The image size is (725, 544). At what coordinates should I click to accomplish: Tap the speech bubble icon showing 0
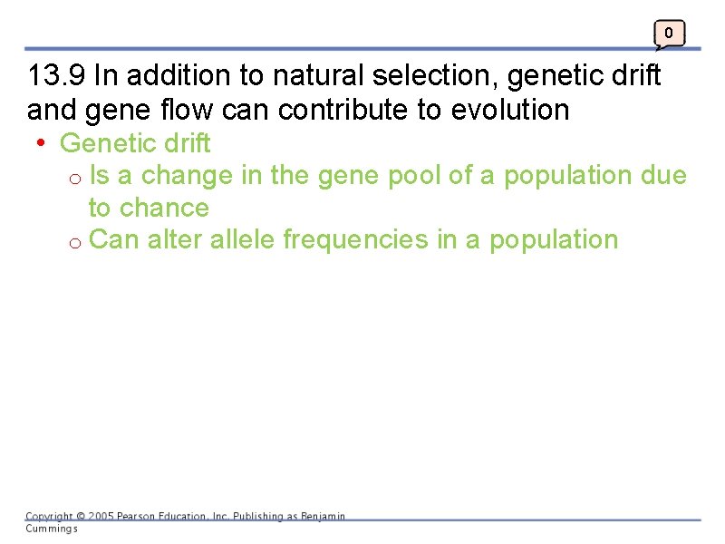pyautogui.click(x=669, y=34)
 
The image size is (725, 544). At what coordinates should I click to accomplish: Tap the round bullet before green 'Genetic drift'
pyautogui.click(x=42, y=143)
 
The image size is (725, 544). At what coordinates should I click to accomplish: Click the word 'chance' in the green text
pyautogui.click(x=163, y=208)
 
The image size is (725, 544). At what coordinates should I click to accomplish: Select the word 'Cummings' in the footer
pyautogui.click(x=51, y=528)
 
